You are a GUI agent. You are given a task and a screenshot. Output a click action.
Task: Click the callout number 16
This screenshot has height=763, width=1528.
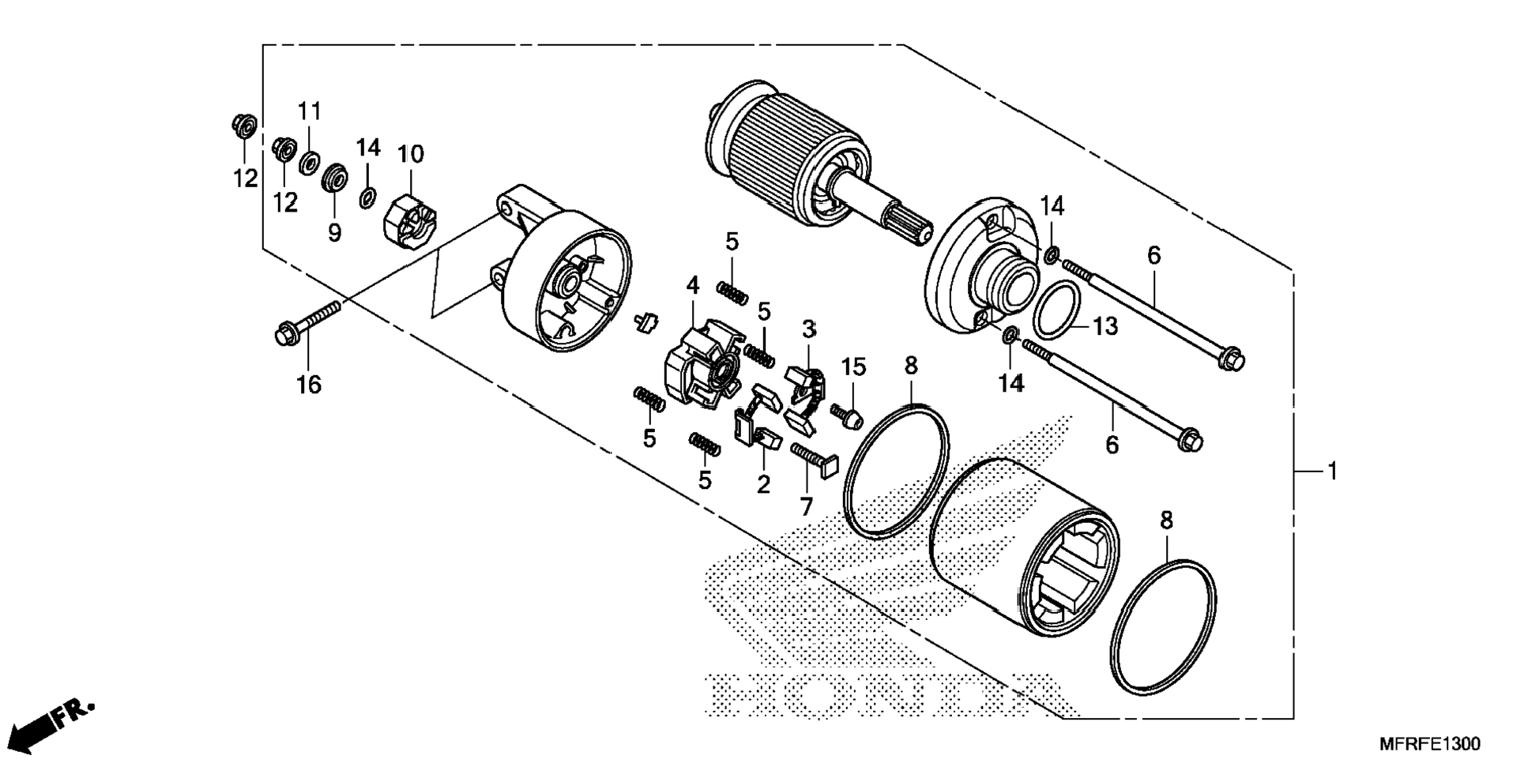point(309,385)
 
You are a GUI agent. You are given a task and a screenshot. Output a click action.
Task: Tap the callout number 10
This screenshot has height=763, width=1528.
point(411,153)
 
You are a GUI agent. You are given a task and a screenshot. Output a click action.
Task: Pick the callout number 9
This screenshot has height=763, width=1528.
point(335,232)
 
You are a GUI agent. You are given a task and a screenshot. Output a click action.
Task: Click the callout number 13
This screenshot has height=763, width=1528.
point(1105,325)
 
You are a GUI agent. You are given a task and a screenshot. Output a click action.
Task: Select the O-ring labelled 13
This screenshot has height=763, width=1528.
point(1057,311)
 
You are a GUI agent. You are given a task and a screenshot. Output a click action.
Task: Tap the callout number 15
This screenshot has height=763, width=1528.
point(854,366)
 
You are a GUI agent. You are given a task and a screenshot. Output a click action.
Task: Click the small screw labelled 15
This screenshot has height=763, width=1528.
point(847,415)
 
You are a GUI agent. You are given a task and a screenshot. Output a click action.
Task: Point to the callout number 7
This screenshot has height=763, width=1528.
point(806,506)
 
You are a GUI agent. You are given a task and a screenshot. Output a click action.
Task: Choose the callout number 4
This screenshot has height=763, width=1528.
point(692,285)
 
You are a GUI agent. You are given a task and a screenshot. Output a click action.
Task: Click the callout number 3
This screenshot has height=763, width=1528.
point(808,328)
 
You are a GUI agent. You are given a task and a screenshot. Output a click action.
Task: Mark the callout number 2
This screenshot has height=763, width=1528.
point(763,483)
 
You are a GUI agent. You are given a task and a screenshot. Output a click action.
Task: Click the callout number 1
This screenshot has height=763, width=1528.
point(1332,472)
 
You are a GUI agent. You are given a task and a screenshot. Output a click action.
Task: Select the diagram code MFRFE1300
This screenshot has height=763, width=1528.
point(1430,744)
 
